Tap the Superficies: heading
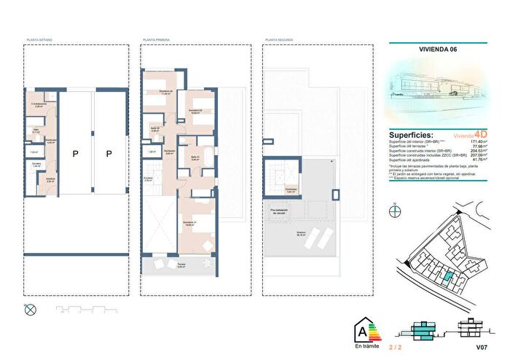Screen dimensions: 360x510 pos(412,135)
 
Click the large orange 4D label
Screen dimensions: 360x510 pos(480,135)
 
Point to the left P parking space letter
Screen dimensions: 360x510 pos(75,153)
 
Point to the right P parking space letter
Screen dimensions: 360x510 pos(109,153)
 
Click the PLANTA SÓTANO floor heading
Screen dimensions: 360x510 pos(39,40)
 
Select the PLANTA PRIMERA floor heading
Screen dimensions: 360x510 pos(157,40)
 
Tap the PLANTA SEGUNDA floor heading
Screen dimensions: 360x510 pos(279,40)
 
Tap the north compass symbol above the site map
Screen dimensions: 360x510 pos(394,211)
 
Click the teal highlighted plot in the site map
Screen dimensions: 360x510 pos(450,276)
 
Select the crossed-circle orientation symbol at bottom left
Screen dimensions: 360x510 pos(30,309)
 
